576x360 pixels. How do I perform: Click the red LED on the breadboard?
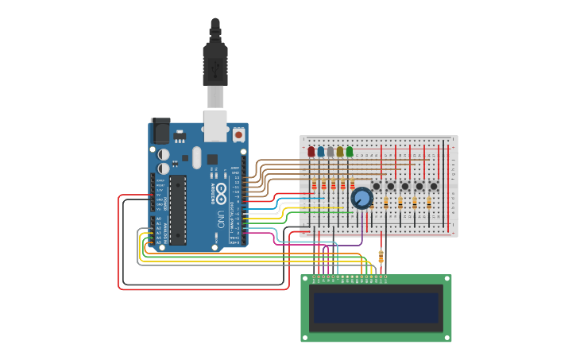click(311, 151)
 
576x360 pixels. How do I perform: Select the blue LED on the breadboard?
click(321, 151)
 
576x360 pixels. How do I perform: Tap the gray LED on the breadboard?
click(331, 151)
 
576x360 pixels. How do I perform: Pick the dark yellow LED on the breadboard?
click(340, 151)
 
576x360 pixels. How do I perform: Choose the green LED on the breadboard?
click(350, 151)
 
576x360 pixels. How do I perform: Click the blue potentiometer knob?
click(361, 198)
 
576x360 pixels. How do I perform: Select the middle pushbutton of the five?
click(405, 187)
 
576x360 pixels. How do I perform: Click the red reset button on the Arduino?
click(239, 135)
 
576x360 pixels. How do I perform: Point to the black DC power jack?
click(160, 130)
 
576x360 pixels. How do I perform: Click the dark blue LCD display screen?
click(376, 308)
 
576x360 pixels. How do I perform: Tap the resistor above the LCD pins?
click(381, 256)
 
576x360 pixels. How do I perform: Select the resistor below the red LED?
click(314, 185)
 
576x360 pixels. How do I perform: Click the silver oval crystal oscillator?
click(196, 157)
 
